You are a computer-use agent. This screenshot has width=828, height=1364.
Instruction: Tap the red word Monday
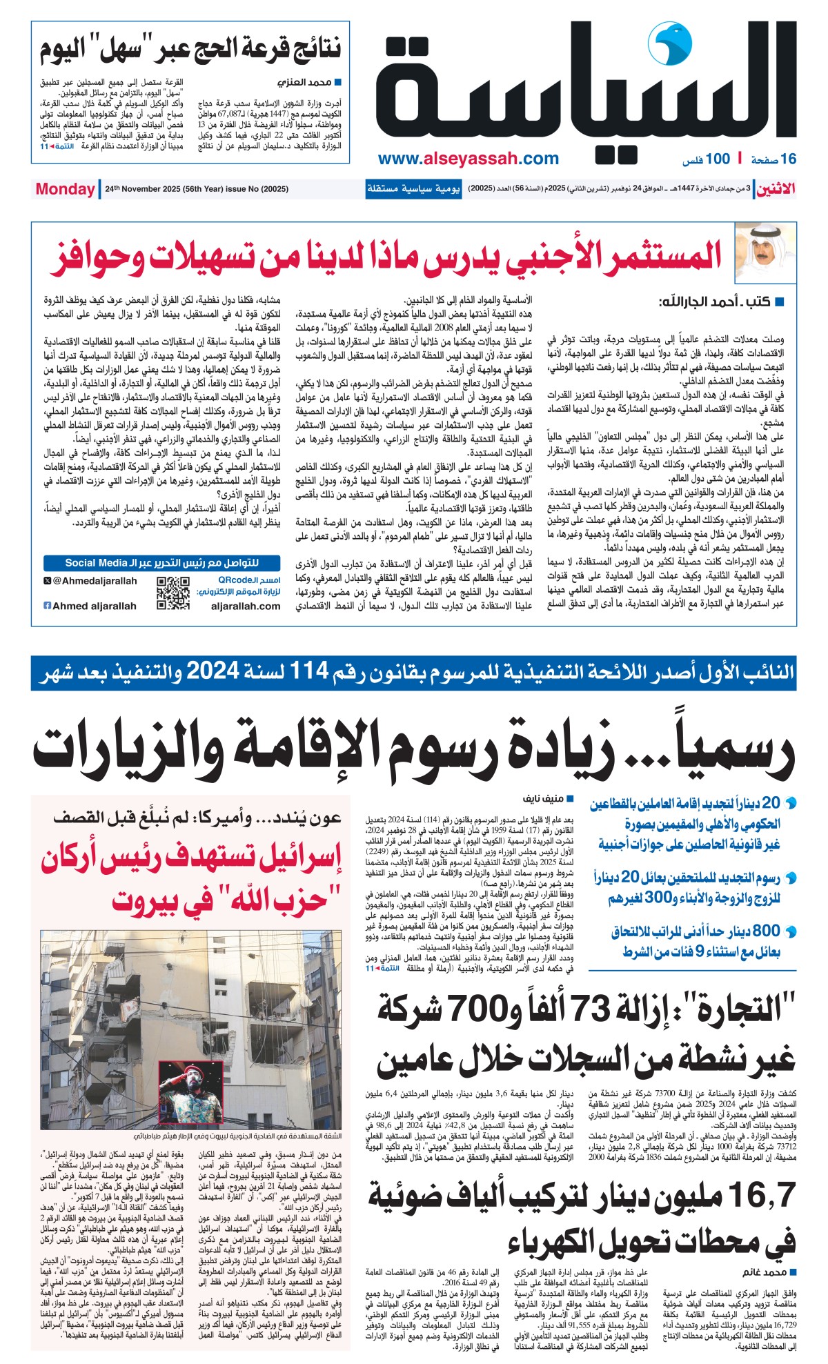[x=65, y=189]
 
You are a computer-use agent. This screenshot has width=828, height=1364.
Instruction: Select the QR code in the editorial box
[x=172, y=593]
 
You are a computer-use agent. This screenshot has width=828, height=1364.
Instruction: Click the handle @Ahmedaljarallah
[x=95, y=581]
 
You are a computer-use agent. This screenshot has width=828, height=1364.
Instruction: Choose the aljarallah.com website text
[x=246, y=606]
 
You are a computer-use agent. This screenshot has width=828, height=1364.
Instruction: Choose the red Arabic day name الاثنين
[x=776, y=189]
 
